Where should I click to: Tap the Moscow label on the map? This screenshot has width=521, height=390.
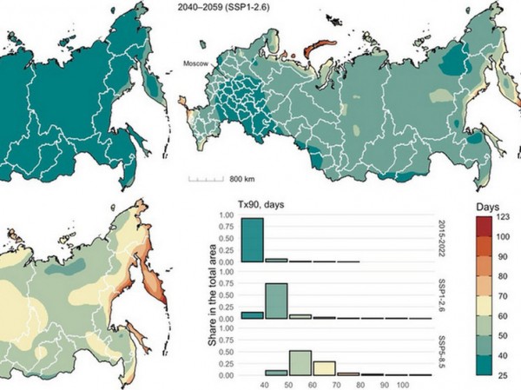click(x=197, y=63)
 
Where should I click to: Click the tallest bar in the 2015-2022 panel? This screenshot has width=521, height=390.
click(x=252, y=239)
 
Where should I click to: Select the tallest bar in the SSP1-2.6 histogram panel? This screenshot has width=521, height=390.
click(x=276, y=301)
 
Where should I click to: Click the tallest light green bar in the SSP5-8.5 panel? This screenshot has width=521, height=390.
click(x=300, y=362)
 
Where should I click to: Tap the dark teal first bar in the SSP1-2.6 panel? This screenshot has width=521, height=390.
click(x=252, y=315)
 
